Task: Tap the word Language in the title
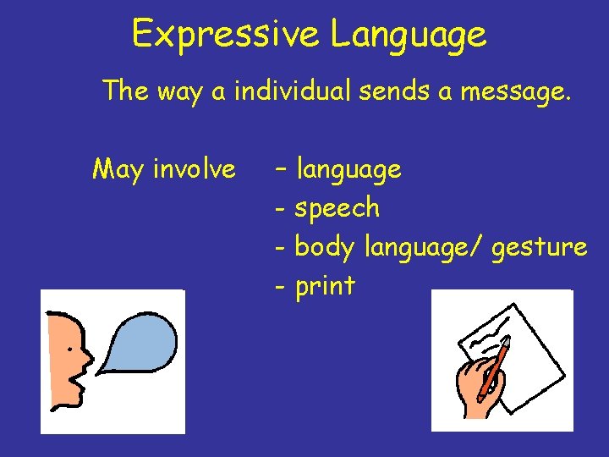(x=409, y=35)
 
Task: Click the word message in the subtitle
(x=513, y=91)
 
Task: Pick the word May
(x=118, y=170)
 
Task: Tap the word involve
(x=195, y=169)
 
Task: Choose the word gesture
(x=539, y=248)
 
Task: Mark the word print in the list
(x=325, y=287)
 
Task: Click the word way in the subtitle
(x=186, y=91)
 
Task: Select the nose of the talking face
(x=87, y=355)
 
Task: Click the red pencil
(x=495, y=366)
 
